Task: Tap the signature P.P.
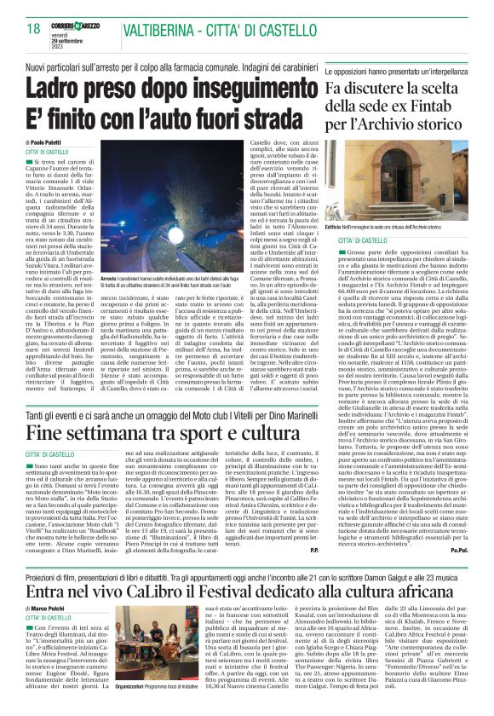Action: click(x=313, y=573)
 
